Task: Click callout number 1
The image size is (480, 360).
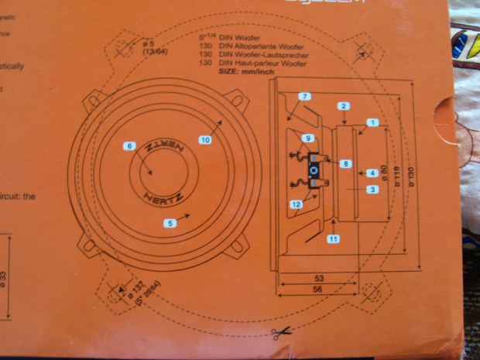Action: coord(372,122)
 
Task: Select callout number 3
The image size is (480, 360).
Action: coord(372,190)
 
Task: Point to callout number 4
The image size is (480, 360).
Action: coord(372,173)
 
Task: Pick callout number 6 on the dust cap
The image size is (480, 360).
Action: coord(129,146)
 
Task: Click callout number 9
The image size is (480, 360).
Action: coord(308,138)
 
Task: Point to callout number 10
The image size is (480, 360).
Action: coord(205,140)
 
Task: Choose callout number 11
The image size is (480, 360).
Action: coord(334,239)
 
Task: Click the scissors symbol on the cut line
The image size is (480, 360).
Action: coord(281,334)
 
